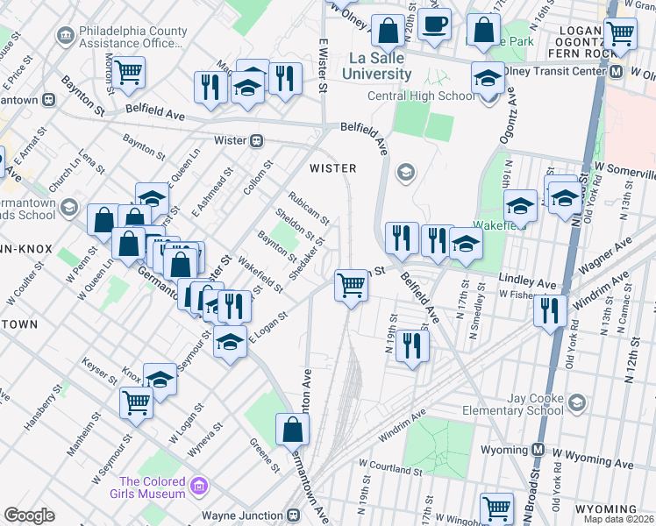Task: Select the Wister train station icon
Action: point(258,139)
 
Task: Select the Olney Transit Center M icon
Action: point(617,72)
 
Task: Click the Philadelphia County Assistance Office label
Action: point(132,37)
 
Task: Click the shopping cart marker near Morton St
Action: point(129,74)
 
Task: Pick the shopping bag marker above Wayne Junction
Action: point(292,430)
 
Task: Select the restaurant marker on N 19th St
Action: point(410,345)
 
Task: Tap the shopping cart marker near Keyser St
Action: point(137,403)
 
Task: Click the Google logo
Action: point(29,515)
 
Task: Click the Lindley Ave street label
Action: point(527,284)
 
